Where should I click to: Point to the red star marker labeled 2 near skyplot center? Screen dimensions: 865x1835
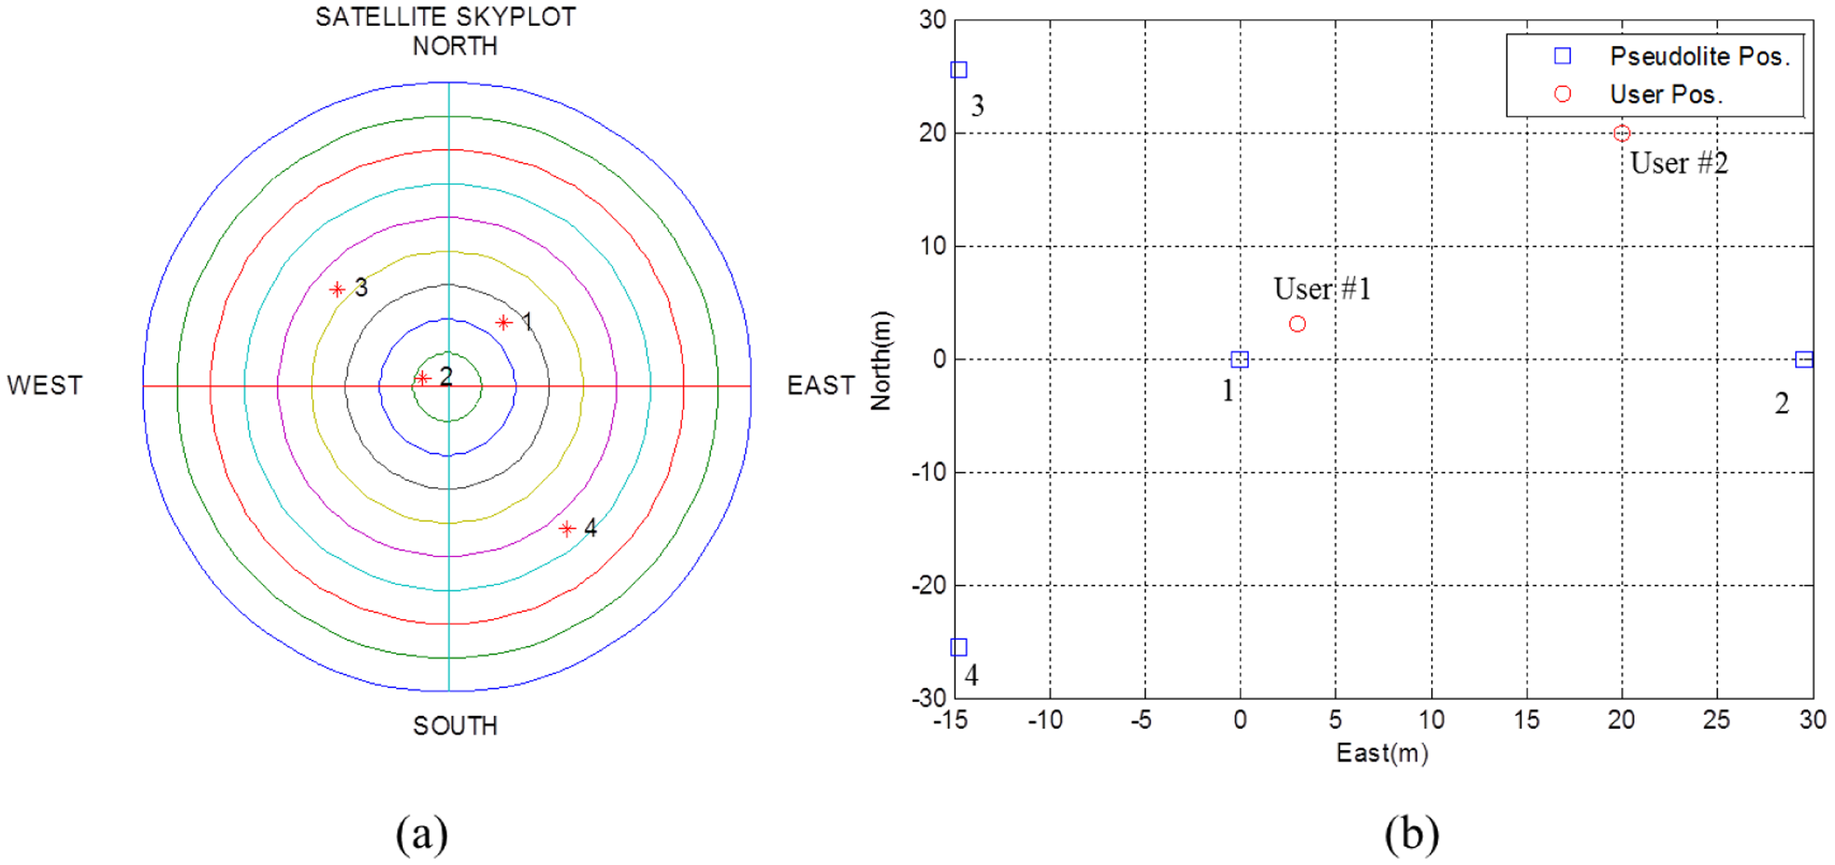coord(422,378)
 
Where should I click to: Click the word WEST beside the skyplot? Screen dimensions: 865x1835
coord(45,385)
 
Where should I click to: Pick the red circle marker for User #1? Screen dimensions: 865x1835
coord(1297,324)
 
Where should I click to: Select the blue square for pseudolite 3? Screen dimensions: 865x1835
coord(959,70)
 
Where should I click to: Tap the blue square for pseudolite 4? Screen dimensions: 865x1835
coord(959,647)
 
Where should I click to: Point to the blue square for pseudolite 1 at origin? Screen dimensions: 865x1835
coord(1240,359)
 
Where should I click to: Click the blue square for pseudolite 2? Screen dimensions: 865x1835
coord(1804,359)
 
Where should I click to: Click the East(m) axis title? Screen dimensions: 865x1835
coord(1382,753)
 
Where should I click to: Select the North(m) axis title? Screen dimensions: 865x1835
coord(881,360)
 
